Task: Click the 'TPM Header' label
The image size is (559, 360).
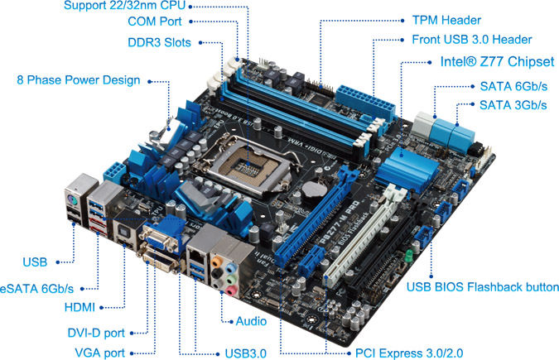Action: pyautogui.click(x=446, y=20)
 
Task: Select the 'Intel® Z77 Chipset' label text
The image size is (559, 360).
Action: pyautogui.click(x=498, y=61)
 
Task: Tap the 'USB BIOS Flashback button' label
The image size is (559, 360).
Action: pyautogui.click(x=483, y=287)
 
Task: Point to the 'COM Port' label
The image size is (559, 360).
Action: pyautogui.click(x=155, y=22)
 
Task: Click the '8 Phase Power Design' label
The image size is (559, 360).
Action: pyautogui.click(x=79, y=79)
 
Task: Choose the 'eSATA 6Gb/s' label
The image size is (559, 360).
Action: pyautogui.click(x=36, y=288)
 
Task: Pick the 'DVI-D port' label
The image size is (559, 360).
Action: pyautogui.click(x=96, y=333)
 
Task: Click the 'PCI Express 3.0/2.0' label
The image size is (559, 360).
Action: pyautogui.click(x=409, y=353)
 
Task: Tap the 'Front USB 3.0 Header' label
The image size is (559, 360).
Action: pyautogui.click(x=472, y=39)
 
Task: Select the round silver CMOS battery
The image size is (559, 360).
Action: pyautogui.click(x=313, y=188)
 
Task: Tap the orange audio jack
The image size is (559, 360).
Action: pyautogui.click(x=216, y=262)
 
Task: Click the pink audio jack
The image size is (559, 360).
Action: pyautogui.click(x=231, y=290)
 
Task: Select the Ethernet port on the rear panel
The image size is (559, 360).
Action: pyautogui.click(x=195, y=255)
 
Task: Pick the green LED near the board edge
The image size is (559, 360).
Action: pyautogui.click(x=409, y=255)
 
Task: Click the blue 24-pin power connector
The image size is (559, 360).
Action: pyautogui.click(x=365, y=103)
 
